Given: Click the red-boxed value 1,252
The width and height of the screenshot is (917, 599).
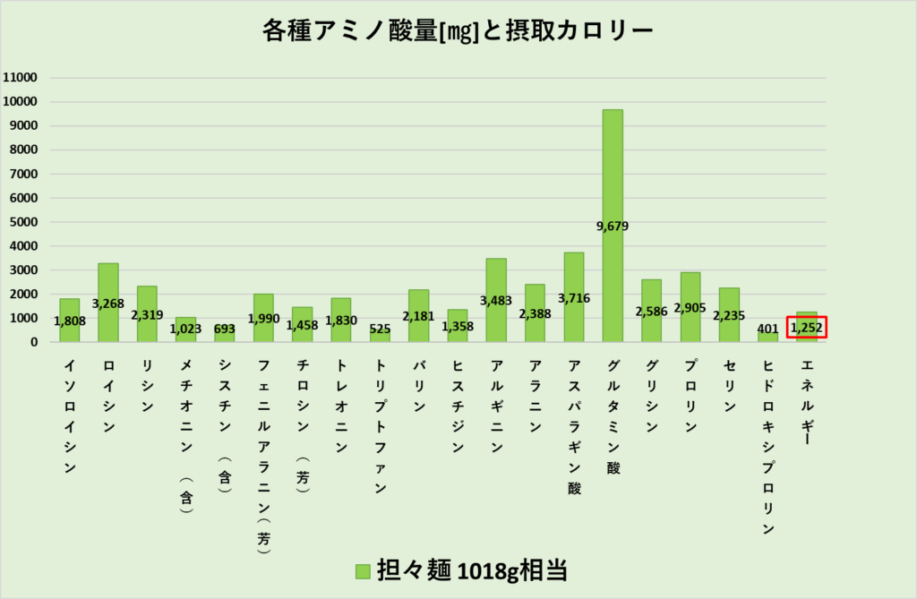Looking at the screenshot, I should [x=806, y=329].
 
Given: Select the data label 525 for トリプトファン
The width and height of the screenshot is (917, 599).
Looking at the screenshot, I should [x=380, y=329].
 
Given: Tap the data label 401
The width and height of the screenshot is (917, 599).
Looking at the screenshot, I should [x=768, y=329].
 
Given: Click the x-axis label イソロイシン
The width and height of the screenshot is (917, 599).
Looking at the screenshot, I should [x=70, y=415].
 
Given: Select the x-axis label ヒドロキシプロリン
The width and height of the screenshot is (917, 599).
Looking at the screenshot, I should [x=768, y=446].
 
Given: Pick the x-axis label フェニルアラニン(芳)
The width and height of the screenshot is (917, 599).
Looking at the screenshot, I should [x=263, y=457].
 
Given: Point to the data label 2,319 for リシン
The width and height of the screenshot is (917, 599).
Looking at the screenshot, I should [x=147, y=314].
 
